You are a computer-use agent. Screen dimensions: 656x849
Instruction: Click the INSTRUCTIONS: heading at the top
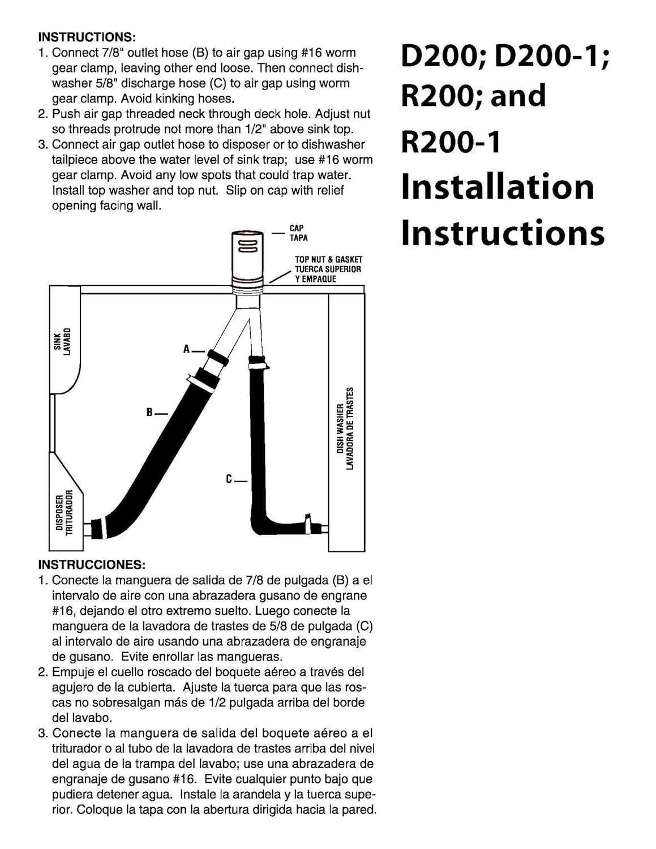(87, 37)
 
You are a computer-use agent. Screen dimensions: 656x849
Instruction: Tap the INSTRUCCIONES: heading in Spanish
(92, 564)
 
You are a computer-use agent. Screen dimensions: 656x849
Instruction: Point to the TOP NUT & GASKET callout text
(328, 259)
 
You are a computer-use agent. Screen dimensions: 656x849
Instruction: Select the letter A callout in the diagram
(187, 349)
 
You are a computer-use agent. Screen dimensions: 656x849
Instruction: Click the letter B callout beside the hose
(149, 412)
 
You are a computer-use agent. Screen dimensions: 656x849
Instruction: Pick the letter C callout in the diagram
(229, 479)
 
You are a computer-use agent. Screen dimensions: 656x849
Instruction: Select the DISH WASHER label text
(340, 428)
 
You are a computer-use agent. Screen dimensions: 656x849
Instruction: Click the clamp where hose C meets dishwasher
(308, 524)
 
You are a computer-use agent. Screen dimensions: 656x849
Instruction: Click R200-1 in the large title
(451, 142)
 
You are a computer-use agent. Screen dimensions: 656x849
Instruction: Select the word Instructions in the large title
(503, 233)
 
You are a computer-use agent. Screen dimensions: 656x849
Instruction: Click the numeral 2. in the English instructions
(43, 114)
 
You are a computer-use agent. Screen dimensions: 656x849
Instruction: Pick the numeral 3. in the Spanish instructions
(43, 733)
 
